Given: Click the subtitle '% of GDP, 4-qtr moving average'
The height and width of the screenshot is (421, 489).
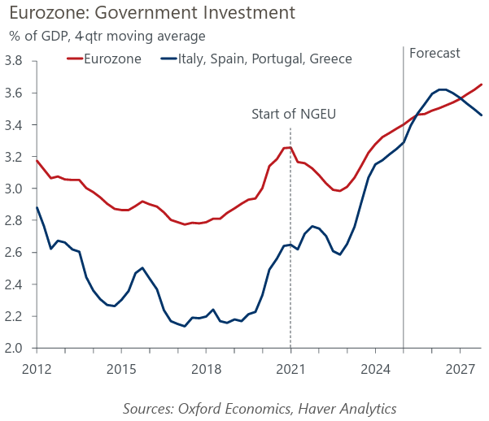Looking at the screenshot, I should coord(107,36).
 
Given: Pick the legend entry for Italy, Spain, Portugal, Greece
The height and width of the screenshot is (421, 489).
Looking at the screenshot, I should coord(256,59).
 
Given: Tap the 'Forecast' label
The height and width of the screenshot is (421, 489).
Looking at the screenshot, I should coord(434,54).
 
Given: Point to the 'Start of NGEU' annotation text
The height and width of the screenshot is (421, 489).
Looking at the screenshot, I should coord(294,114).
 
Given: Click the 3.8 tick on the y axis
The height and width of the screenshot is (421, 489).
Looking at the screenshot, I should coord(13,61).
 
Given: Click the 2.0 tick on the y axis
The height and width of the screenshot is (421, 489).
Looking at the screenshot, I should coord(13,348).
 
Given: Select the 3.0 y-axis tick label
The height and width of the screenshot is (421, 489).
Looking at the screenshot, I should coord(13,189).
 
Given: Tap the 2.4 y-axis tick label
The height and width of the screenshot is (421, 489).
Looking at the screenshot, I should coord(13,284).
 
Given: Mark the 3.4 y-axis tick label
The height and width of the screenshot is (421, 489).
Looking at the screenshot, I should coord(13,125).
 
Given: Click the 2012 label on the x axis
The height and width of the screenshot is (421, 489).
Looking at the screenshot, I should coord(37,370).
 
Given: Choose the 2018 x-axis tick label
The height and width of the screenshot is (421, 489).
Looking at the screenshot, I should coord(206,370).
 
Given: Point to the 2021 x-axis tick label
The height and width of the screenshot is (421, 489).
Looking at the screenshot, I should coord(290,370).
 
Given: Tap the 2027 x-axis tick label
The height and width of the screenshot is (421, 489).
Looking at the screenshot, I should coord(460,370).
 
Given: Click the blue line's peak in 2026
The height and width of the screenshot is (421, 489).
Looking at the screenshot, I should coord(442,89).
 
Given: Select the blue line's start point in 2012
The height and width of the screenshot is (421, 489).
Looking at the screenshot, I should coord(37,207).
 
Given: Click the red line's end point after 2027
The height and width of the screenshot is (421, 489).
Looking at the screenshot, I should coord(482,85).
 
